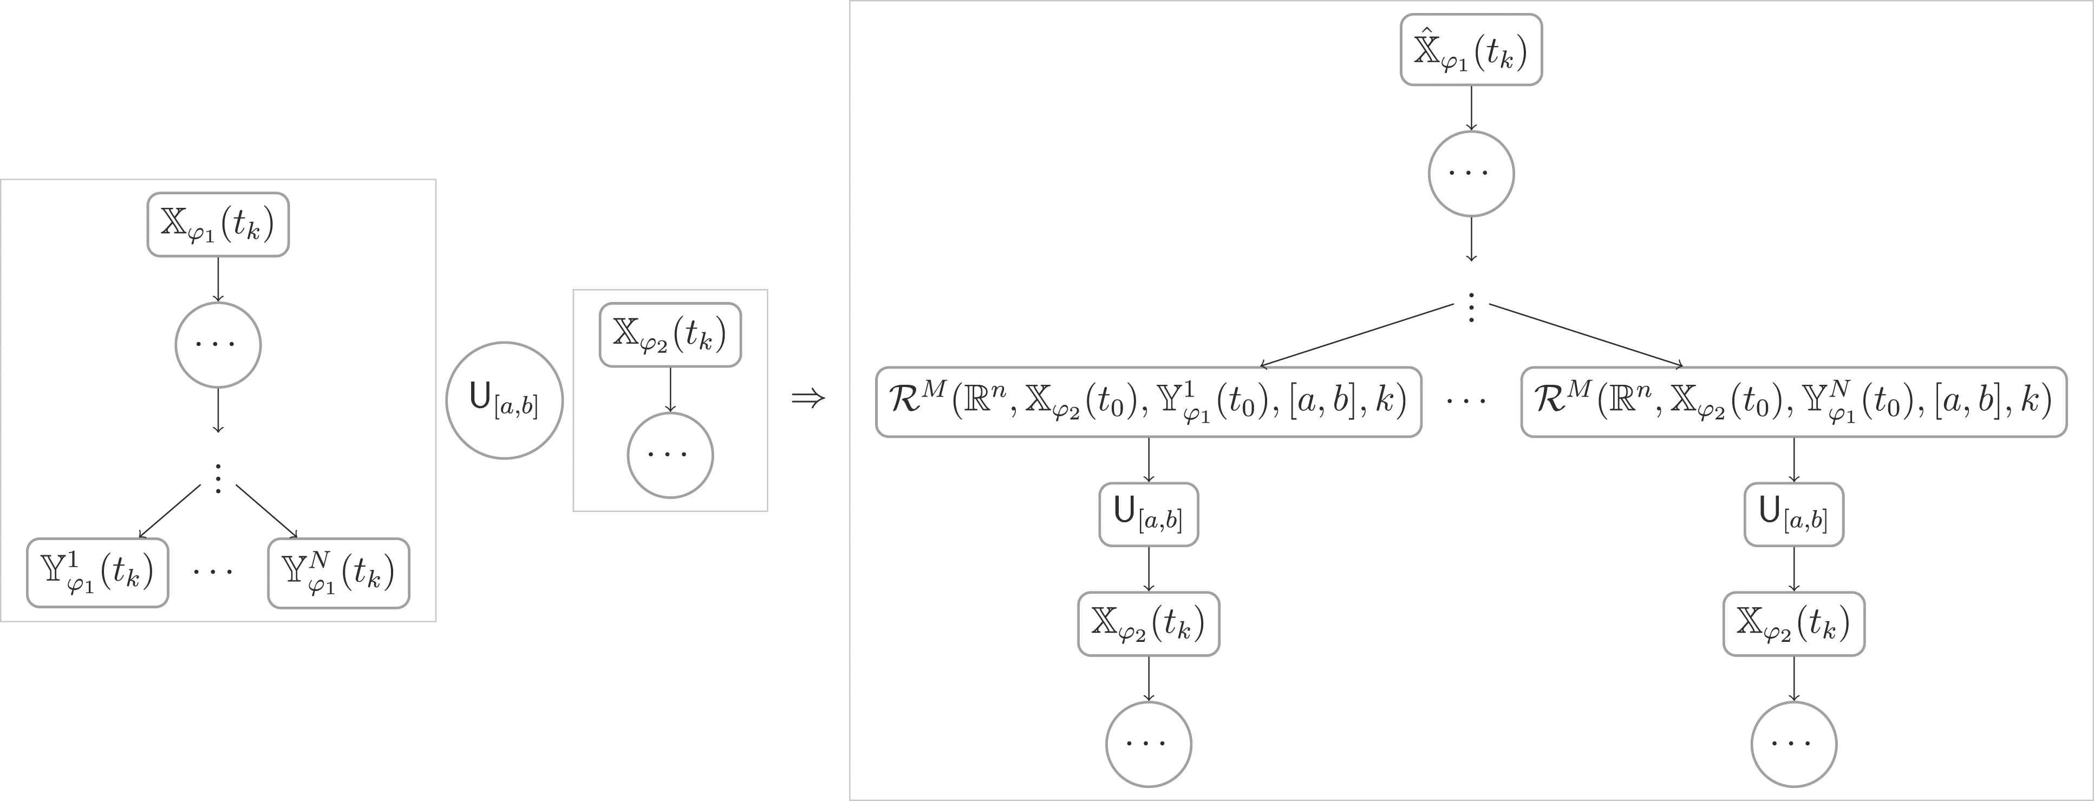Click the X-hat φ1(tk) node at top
point(1471,50)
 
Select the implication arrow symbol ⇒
point(808,399)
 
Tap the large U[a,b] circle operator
point(504,400)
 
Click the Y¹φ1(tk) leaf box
point(97,573)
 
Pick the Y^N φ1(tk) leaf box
point(338,573)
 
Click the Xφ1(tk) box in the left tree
point(218,224)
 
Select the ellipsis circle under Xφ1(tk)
point(218,345)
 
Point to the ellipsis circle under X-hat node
point(1471,174)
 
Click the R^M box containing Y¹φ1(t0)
point(1149,402)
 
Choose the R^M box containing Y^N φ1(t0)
point(1794,402)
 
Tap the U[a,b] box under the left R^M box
point(1149,514)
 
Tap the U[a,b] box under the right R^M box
point(1794,514)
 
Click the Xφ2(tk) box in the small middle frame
point(670,334)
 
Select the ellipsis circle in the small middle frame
point(670,455)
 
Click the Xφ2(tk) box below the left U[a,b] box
point(1149,624)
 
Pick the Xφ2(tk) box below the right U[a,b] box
point(1794,624)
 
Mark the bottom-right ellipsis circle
point(1794,744)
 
